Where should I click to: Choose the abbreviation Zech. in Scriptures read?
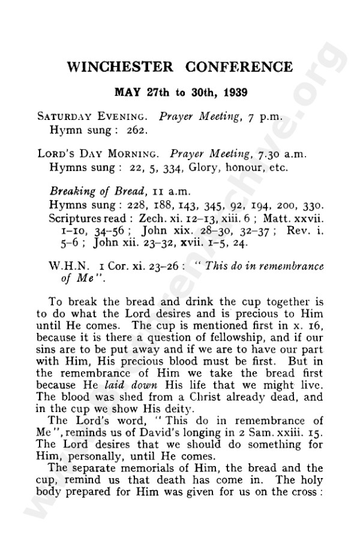click(x=152, y=217)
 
